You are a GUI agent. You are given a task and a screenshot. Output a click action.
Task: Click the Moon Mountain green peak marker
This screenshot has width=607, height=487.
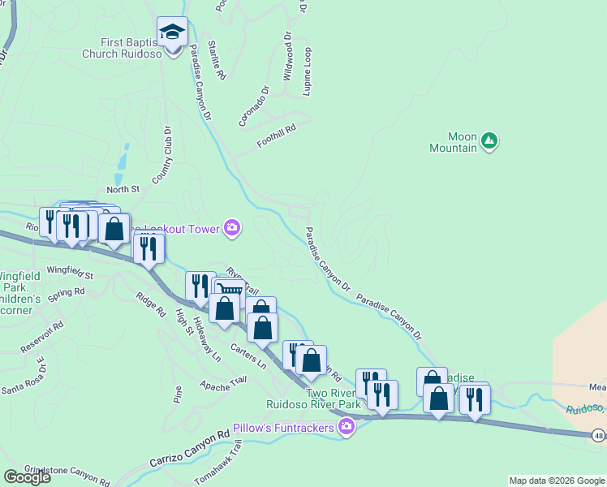pyautogui.click(x=489, y=142)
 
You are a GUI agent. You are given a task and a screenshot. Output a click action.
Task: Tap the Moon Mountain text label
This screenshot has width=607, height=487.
pyautogui.click(x=453, y=142)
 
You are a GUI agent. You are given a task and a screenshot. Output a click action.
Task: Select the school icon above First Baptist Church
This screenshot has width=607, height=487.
pyautogui.click(x=172, y=32)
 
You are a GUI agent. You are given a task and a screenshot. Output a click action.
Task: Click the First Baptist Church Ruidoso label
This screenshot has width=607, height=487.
pyautogui.click(x=120, y=48)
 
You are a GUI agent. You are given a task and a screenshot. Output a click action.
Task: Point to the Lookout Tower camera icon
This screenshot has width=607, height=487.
pyautogui.click(x=232, y=228)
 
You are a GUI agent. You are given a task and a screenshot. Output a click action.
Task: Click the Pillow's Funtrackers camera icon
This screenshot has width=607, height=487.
pyautogui.click(x=347, y=426)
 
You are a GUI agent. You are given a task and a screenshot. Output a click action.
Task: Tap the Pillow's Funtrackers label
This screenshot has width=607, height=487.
pyautogui.click(x=285, y=427)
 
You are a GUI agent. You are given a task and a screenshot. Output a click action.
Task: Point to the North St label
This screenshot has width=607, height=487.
pyautogui.click(x=123, y=189)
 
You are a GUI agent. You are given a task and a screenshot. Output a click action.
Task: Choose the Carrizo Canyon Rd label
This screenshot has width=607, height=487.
pyautogui.click(x=190, y=449)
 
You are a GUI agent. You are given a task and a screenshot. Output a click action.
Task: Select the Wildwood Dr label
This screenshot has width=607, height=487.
pyautogui.click(x=287, y=58)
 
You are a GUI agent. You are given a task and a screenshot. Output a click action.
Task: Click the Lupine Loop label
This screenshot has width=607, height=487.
pyautogui.click(x=307, y=71)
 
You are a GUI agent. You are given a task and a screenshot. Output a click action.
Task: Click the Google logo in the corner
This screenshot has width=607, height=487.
pyautogui.click(x=26, y=477)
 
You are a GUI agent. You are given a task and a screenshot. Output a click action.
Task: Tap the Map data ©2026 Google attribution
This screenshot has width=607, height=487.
pyautogui.click(x=557, y=481)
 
